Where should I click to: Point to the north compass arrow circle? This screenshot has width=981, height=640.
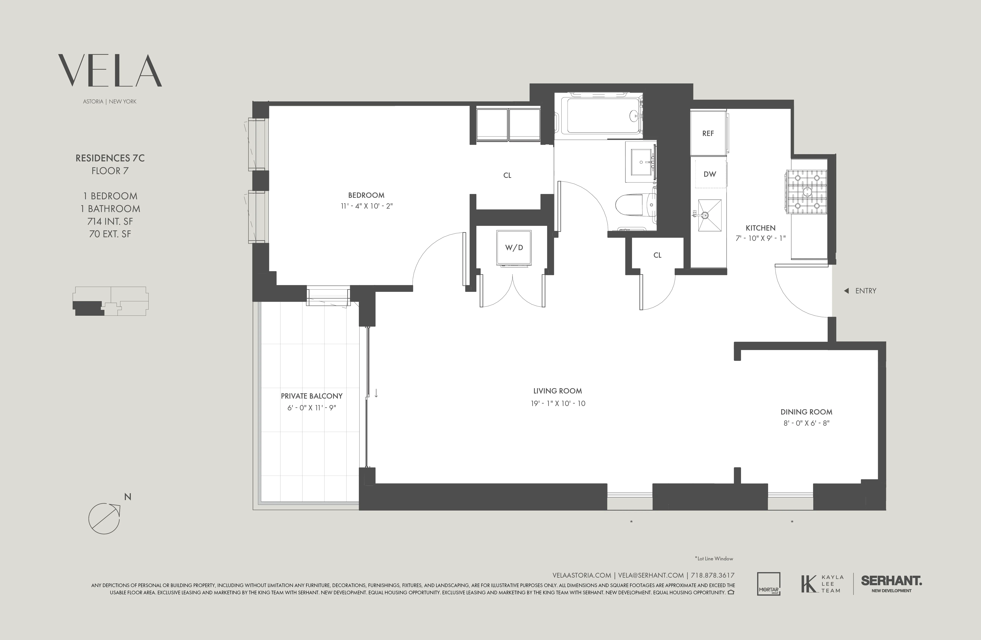pos(104,518)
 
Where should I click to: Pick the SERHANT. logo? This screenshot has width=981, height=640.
pos(891,581)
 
